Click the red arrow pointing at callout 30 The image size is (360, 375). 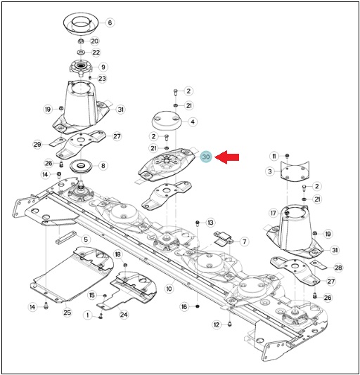(x=226, y=157)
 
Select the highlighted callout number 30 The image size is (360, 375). (x=206, y=157)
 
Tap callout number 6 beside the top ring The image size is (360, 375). (x=110, y=22)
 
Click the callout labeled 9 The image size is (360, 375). (x=103, y=67)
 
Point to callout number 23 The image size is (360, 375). (x=102, y=79)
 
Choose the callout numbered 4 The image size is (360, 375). (x=193, y=121)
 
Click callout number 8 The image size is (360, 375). (x=103, y=166)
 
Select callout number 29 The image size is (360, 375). (x=37, y=145)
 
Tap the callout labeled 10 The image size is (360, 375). (x=169, y=289)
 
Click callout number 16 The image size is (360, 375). (x=184, y=307)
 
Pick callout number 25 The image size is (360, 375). (x=67, y=312)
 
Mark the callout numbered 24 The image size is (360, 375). (x=124, y=315)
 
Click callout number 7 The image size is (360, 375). (x=244, y=242)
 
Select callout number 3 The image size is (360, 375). (x=270, y=171)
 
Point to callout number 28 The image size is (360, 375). (x=338, y=268)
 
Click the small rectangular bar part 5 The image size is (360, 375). (x=66, y=237)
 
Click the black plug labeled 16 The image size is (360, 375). (x=198, y=307)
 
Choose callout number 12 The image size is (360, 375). (x=217, y=324)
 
